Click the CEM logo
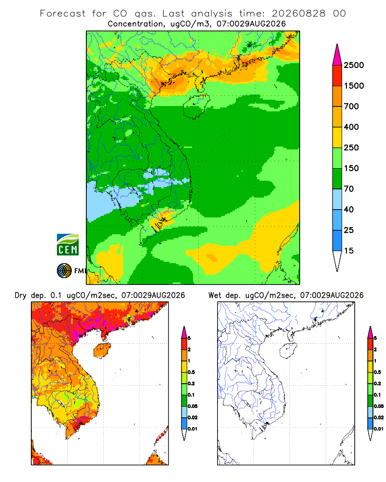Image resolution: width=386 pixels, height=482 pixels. tap(68, 244)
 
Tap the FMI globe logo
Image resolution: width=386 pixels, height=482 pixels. tap(64, 271)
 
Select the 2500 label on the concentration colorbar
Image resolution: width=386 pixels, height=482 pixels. tap(354, 65)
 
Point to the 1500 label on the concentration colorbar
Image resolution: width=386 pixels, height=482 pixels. tap(354, 86)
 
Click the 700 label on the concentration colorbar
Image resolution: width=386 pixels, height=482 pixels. tap(351, 107)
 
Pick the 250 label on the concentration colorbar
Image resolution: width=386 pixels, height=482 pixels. tap(351, 147)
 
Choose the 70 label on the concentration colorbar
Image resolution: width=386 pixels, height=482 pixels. tap(349, 189)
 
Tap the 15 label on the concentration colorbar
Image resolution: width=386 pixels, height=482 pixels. tap(349, 251)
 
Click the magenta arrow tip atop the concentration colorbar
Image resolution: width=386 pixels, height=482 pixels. tap(337, 54)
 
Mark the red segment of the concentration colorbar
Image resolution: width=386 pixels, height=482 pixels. tap(337, 76)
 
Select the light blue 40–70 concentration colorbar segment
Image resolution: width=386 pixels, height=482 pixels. tap(337, 199)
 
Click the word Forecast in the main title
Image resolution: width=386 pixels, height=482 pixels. tap(63, 13)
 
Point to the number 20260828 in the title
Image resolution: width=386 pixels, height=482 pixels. tap(298, 13)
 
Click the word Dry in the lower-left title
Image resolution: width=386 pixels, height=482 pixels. tap(21, 295)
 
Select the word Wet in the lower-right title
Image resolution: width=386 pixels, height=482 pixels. tap(215, 295)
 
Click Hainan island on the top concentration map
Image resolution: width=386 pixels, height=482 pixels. tap(196, 106)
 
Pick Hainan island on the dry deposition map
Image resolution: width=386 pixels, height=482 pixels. tap(102, 350)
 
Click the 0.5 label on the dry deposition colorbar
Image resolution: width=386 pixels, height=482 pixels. tap(191, 372)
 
